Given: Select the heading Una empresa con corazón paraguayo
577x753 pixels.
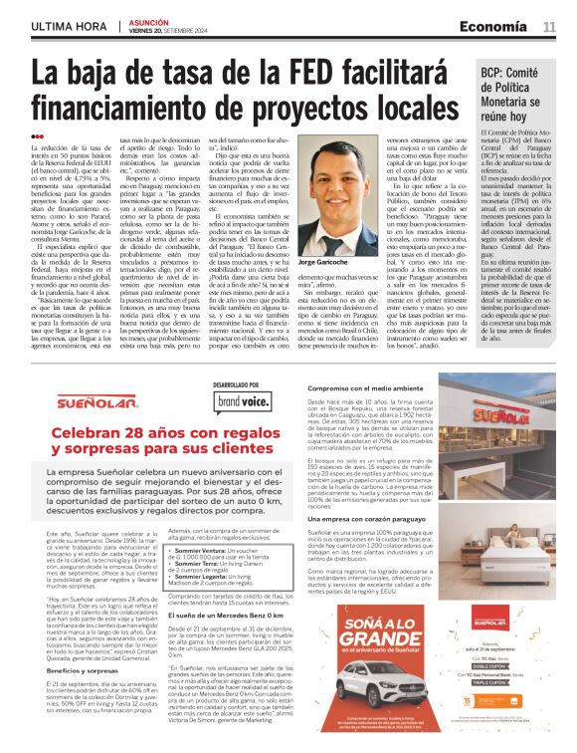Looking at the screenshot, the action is click(x=368, y=519).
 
